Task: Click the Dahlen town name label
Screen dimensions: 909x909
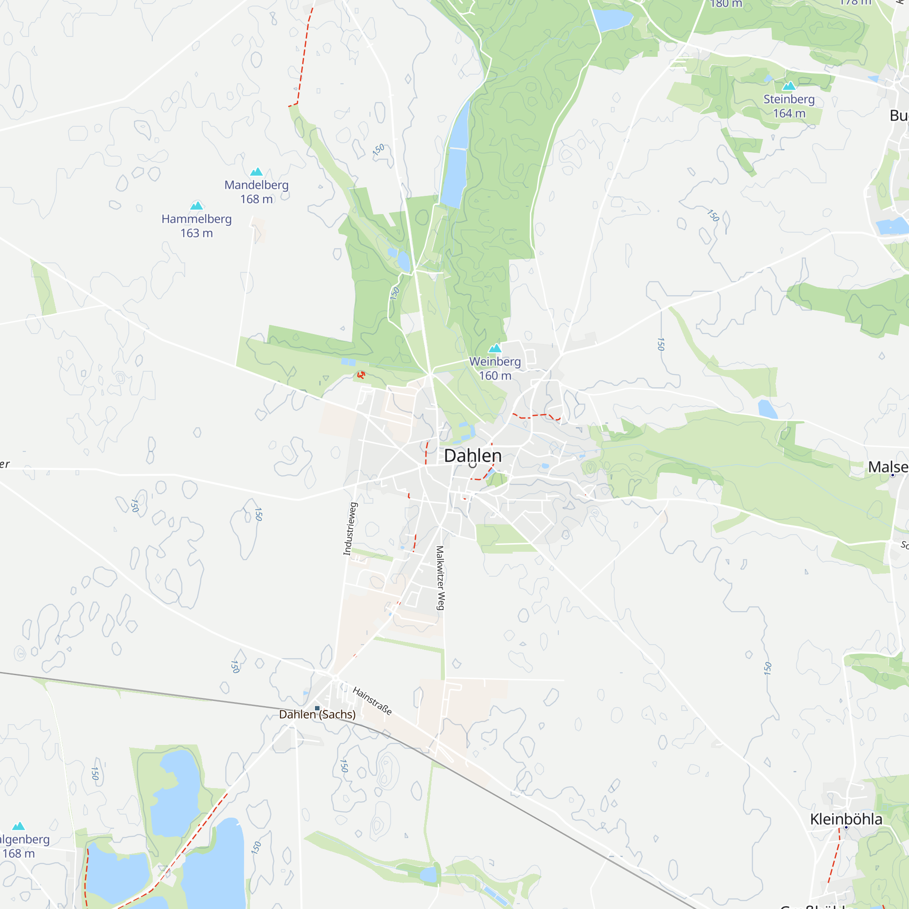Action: [x=473, y=455]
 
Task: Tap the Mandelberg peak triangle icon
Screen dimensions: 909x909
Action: [x=256, y=172]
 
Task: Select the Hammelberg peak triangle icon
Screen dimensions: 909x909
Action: [x=197, y=205]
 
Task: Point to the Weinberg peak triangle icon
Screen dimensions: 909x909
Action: [x=495, y=349]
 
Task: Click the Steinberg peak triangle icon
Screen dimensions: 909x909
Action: [x=789, y=86]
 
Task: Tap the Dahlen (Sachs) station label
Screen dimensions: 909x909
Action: [x=317, y=714]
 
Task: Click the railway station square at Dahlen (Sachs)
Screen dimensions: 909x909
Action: [x=317, y=708]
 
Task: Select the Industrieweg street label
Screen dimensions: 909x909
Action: [x=350, y=529]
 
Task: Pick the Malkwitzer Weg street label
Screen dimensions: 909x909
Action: [x=440, y=578]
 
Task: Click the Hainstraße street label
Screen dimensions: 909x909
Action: [x=372, y=701]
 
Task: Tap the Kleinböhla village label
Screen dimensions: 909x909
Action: [x=846, y=819]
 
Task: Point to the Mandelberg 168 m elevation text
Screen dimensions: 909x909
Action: [x=256, y=199]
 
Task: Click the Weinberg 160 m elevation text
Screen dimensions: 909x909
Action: [x=495, y=376]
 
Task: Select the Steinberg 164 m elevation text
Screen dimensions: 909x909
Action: [x=789, y=113]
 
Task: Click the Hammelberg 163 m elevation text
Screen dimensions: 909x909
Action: [x=197, y=233]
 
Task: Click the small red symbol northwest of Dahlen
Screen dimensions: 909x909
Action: [x=361, y=375]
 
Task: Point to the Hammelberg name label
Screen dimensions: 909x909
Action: [x=197, y=219]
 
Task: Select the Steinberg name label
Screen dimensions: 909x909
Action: [x=789, y=99]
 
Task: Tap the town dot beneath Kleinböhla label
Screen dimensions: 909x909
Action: [x=846, y=828]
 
